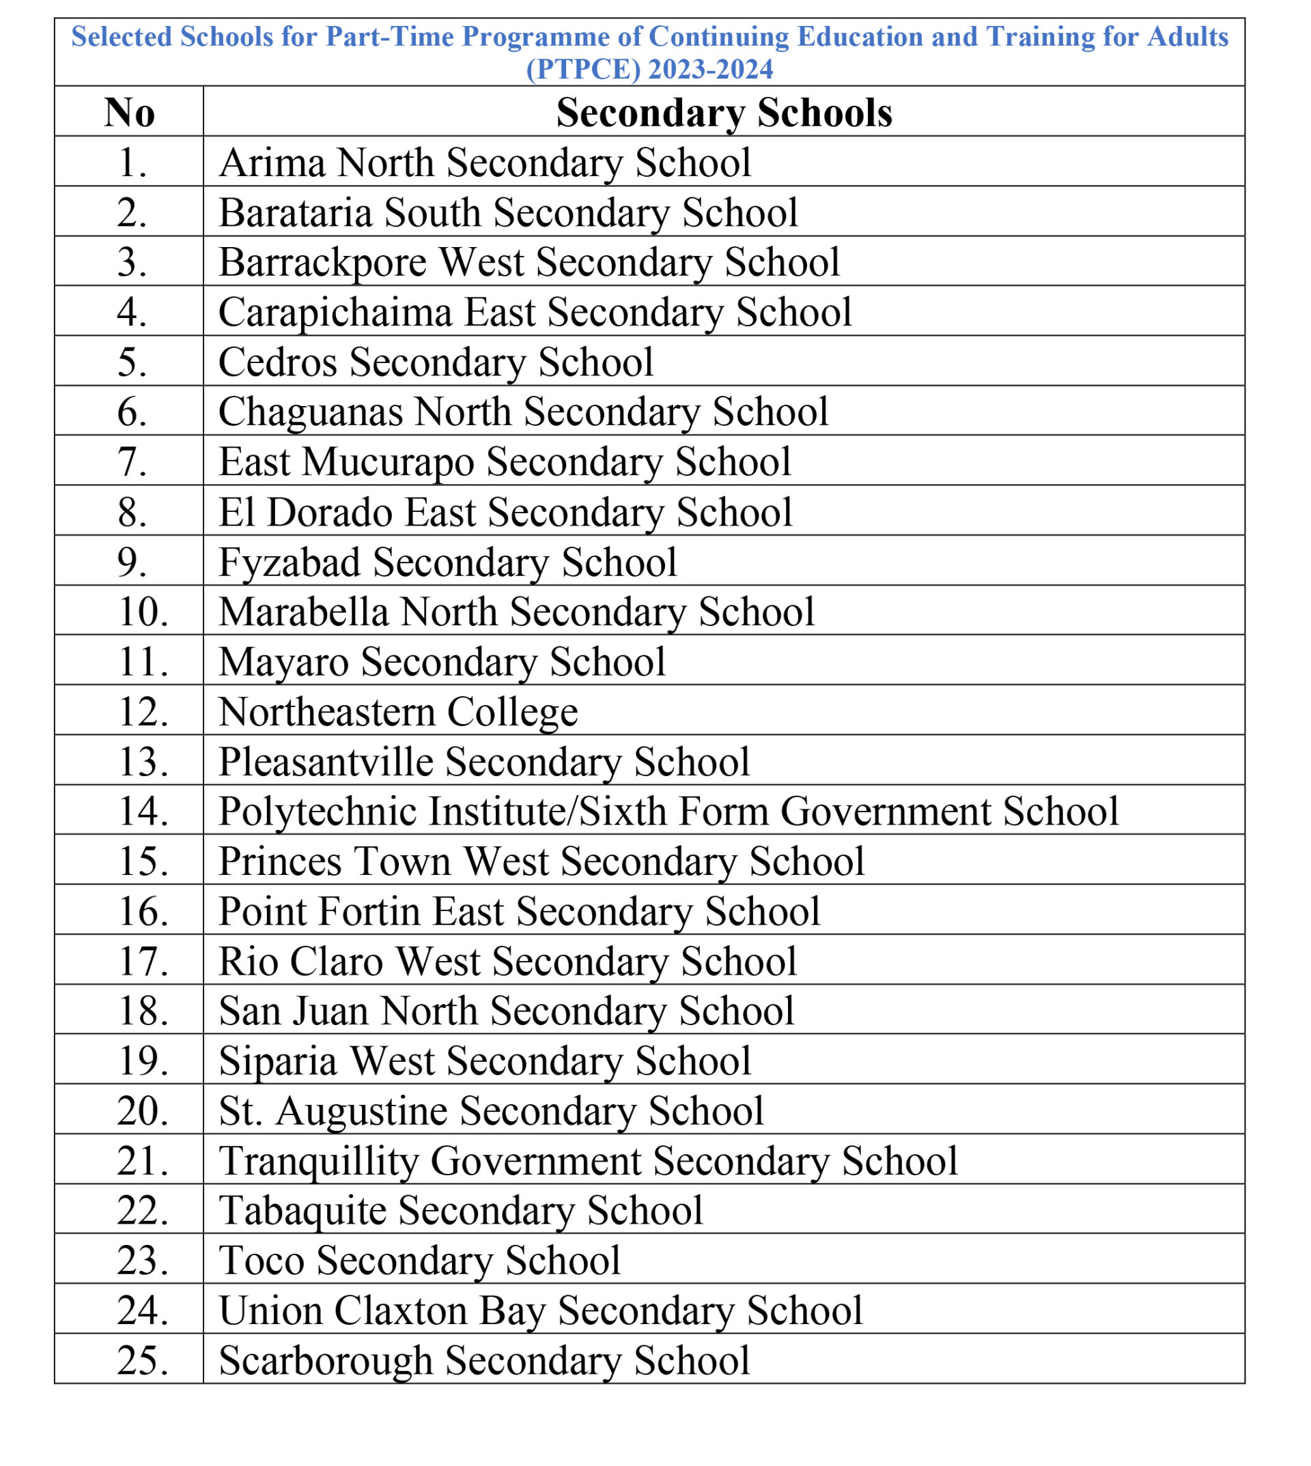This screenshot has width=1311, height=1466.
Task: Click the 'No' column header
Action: tap(129, 113)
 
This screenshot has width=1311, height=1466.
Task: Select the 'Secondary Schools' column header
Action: tap(723, 113)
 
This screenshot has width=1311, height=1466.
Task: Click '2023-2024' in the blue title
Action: tap(710, 69)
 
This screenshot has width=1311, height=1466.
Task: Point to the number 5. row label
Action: tap(132, 362)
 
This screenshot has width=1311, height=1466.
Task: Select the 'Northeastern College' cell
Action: tap(397, 711)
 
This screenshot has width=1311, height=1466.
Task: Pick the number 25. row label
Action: tap(143, 1360)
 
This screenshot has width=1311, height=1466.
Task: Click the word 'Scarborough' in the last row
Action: tap(325, 1360)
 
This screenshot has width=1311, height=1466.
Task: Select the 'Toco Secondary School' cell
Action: tap(419, 1260)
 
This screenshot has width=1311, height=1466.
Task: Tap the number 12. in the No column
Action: tap(143, 711)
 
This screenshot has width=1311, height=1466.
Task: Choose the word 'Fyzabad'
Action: tap(289, 562)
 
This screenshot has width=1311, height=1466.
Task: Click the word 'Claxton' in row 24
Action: tap(401, 1310)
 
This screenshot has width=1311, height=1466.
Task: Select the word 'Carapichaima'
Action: tap(334, 312)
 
